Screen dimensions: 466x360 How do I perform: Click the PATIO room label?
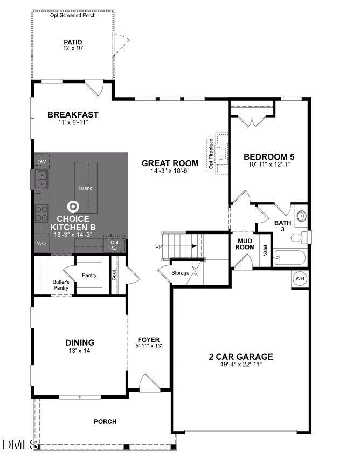pos(73,42)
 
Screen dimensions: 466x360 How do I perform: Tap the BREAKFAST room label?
pos(73,114)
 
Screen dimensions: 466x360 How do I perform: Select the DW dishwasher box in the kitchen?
pos(41,162)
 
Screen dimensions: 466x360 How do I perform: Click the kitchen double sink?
pos(41,179)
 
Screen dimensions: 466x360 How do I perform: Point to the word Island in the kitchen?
pos(86,188)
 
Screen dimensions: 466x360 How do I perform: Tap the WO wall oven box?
pos(41,244)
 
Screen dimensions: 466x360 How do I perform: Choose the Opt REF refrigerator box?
pos(114,245)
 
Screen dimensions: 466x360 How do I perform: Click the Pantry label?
pos(89,276)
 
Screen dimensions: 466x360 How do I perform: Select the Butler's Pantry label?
pos(61,284)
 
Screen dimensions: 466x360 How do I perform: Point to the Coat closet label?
pos(114,275)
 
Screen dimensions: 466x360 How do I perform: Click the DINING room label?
pos(80,342)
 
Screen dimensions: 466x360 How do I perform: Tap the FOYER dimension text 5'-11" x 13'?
pos(148,346)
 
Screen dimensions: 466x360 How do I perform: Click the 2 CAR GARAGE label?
pos(241,357)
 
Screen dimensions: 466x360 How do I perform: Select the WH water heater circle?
pos(300,278)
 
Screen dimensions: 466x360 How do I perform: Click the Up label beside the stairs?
pos(158,246)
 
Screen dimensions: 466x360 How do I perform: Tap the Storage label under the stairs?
pos(180,273)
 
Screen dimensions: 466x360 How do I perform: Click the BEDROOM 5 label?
pos(269,157)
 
